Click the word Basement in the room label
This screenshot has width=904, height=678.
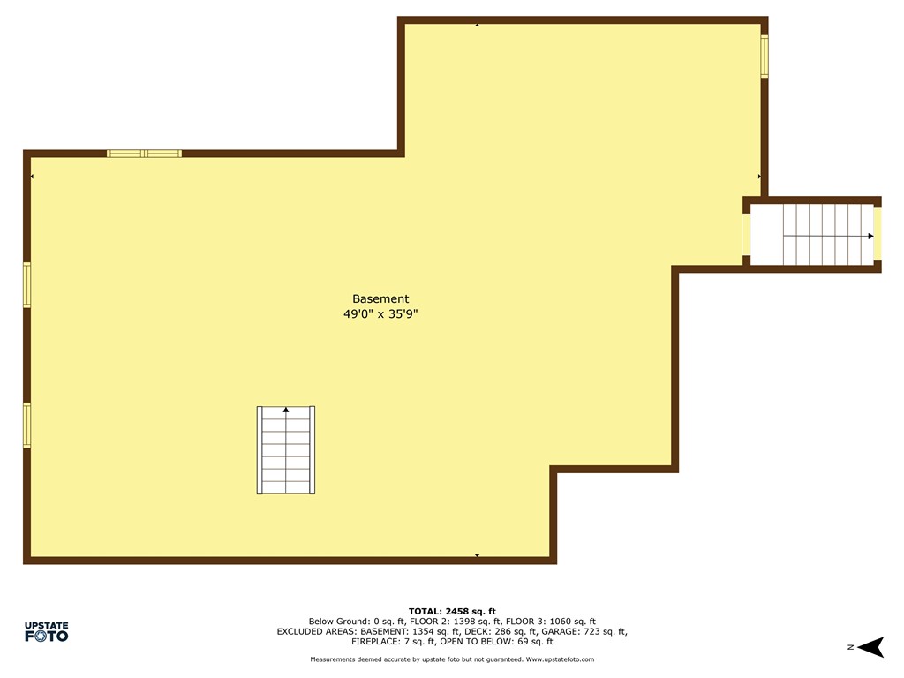380,299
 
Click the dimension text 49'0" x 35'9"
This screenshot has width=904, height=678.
380,313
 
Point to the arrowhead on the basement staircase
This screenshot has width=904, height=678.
286,410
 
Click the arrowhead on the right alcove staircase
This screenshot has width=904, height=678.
870,236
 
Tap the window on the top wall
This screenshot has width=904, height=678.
144,154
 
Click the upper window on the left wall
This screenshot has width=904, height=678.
26,285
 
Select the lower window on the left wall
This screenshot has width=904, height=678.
26,425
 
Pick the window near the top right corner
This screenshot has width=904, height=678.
765,56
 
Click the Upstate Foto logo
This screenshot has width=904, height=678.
46,631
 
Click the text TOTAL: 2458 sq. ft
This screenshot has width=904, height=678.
452,611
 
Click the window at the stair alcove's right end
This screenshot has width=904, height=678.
877,235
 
